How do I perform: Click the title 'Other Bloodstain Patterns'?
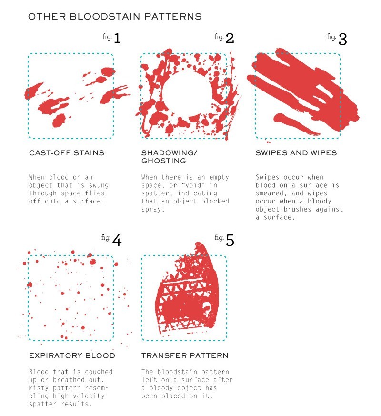click(115, 17)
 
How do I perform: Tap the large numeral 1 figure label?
click(117, 38)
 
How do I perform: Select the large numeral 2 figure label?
click(230, 38)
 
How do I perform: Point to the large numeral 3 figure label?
click(342, 39)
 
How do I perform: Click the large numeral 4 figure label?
click(117, 240)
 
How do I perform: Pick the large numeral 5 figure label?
click(230, 240)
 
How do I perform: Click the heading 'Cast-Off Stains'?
click(67, 153)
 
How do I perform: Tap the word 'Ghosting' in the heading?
click(163, 161)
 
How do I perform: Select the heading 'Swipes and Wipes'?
click(296, 153)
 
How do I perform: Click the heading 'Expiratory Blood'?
click(72, 355)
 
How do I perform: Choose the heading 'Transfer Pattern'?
click(185, 355)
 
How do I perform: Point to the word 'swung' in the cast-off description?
click(99, 185)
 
